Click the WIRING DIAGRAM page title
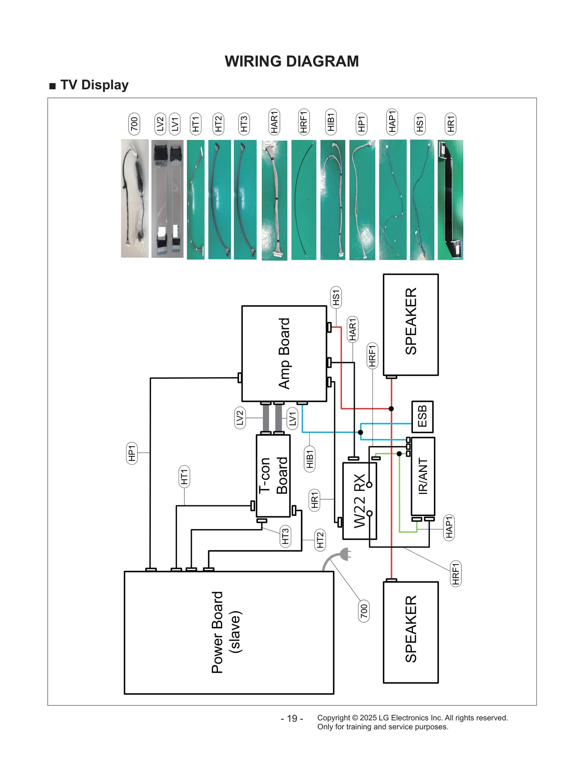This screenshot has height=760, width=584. click(x=291, y=61)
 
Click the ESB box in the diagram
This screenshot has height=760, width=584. click(x=422, y=416)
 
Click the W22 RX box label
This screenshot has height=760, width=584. click(x=360, y=500)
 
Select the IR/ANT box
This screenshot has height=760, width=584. click(x=422, y=476)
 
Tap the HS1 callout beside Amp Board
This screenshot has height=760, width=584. click(x=335, y=297)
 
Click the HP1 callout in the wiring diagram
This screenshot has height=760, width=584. click(x=132, y=453)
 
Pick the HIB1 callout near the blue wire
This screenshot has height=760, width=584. click(x=310, y=459)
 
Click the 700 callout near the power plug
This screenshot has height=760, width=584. click(x=364, y=610)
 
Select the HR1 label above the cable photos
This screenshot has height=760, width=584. click(x=450, y=124)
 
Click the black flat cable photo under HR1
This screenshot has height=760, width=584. click(x=450, y=199)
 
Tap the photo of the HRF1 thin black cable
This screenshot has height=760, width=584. click(x=304, y=199)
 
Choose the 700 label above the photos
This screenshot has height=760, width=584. click(x=134, y=124)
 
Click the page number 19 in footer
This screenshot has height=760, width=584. click(x=292, y=718)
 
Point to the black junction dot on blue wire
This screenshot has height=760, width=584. click(x=360, y=432)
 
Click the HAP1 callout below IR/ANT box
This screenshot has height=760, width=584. click(x=449, y=527)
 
